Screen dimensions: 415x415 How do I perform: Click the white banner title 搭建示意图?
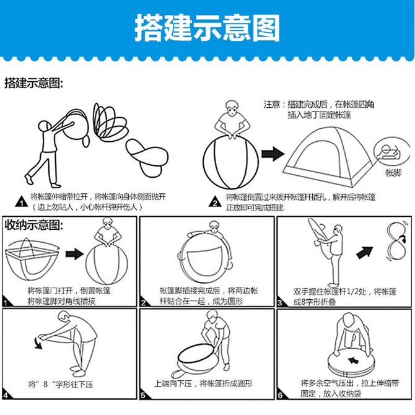[207, 28]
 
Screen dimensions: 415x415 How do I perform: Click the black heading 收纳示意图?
[34, 225]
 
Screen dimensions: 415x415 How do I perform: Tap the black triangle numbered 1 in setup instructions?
[22, 202]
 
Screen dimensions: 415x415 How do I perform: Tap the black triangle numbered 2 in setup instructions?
[215, 202]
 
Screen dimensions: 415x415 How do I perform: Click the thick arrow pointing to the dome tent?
[273, 154]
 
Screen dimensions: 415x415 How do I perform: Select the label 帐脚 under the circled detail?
[393, 173]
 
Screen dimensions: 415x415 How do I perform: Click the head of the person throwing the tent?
[44, 126]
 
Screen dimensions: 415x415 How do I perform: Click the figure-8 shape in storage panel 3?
[396, 242]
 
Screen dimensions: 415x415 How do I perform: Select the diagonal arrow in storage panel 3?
[365, 252]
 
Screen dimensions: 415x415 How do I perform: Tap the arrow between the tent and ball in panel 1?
[74, 254]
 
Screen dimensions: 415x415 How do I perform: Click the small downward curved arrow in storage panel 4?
[38, 344]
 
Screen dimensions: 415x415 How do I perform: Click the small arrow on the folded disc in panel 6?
[353, 360]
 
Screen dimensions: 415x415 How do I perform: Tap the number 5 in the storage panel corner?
[143, 395]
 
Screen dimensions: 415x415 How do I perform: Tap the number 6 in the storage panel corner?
[281, 395]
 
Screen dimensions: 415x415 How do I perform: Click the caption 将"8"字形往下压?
[61, 384]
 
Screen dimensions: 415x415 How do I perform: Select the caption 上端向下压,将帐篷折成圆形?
[204, 383]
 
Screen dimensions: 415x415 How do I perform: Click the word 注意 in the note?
[272, 104]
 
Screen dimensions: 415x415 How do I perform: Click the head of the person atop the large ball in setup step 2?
[232, 107]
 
